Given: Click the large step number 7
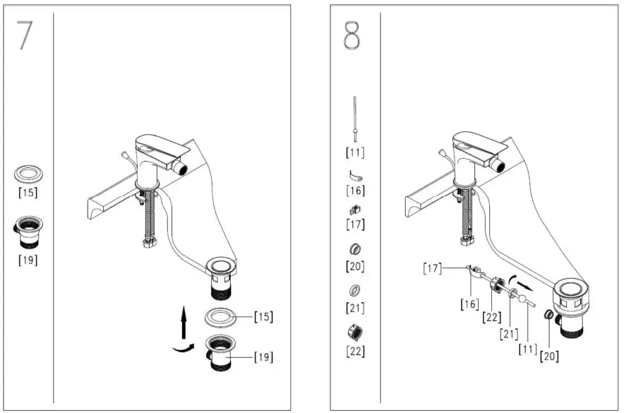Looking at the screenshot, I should click(25, 35).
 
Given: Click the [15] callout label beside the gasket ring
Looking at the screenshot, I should click(263, 317).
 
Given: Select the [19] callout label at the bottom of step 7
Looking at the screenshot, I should click(263, 357).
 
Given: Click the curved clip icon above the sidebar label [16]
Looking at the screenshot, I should click(354, 174).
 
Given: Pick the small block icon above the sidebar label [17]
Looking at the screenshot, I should click(354, 210).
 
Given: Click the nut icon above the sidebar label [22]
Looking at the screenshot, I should click(355, 332).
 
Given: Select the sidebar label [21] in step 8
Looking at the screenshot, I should click(355, 308).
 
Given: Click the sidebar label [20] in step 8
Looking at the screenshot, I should click(355, 266).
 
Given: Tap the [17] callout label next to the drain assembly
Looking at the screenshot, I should click(433, 268).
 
